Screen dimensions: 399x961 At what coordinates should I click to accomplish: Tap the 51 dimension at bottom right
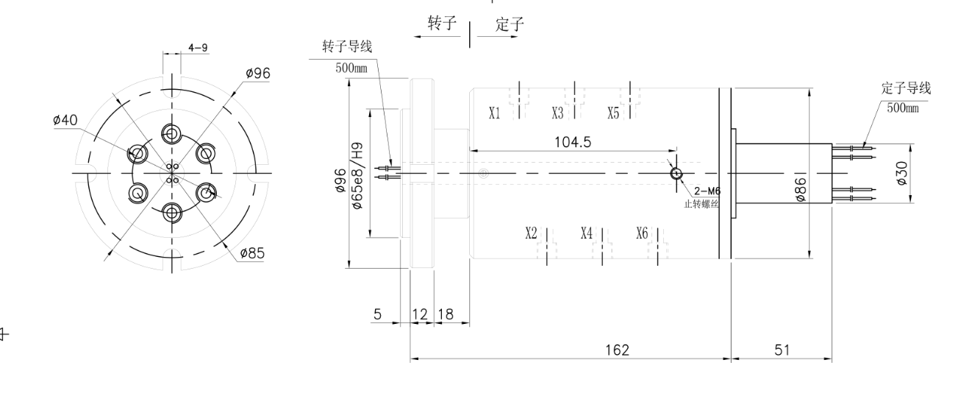click(x=781, y=350)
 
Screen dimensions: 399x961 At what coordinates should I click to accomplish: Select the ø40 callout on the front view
click(x=65, y=121)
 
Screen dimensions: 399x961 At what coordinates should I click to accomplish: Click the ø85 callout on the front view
click(x=254, y=254)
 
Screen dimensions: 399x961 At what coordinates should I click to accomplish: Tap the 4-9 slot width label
click(x=198, y=48)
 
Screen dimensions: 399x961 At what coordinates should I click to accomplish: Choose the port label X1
click(x=495, y=113)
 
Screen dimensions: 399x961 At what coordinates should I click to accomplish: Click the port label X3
click(x=558, y=113)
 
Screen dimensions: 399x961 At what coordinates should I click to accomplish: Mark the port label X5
click(x=614, y=113)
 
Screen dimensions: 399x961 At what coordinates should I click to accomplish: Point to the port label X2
click(x=532, y=233)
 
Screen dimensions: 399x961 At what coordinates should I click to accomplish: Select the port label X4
click(x=586, y=233)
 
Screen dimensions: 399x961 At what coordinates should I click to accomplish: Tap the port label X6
click(x=642, y=233)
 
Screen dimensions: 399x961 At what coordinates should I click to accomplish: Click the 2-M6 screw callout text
click(x=706, y=191)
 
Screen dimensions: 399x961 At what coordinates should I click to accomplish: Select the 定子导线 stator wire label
click(x=906, y=88)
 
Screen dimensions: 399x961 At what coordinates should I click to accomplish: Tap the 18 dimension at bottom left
click(x=446, y=315)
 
